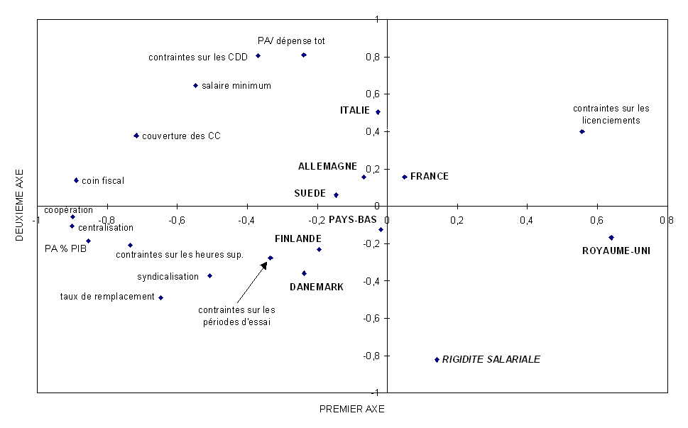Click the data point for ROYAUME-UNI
(611, 238)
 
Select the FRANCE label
(430, 177)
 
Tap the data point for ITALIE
(378, 112)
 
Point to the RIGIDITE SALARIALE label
(491, 360)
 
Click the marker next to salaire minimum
(195, 86)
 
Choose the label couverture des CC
(181, 136)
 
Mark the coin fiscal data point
(76, 180)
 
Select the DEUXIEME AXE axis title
(19, 205)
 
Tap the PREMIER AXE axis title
(351, 409)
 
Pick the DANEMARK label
(316, 287)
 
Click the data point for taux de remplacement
(161, 297)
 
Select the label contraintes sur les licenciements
(611, 114)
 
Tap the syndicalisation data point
(209, 275)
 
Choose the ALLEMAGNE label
(327, 166)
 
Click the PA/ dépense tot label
(291, 41)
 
